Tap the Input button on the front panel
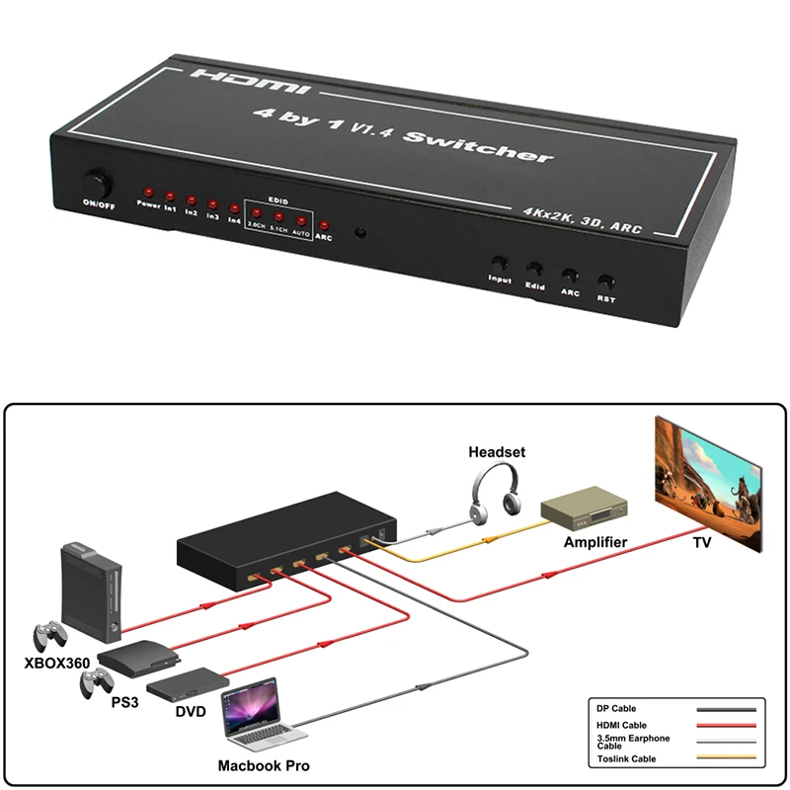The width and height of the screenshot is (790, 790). [500, 265]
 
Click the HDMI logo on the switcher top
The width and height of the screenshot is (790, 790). [252, 83]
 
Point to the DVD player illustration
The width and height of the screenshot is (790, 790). [188, 680]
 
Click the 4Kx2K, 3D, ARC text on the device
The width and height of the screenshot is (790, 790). [582, 220]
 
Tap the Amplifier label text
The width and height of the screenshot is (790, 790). [595, 542]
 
